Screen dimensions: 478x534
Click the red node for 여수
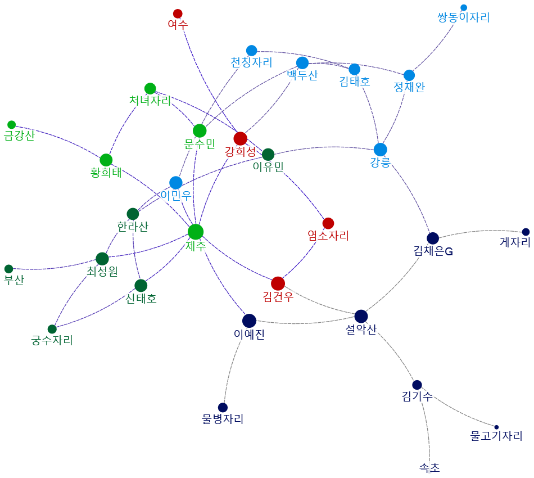(x=178, y=13)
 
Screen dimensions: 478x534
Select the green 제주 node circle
(x=196, y=232)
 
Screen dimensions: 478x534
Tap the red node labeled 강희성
(x=241, y=138)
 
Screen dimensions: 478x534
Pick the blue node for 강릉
(x=381, y=150)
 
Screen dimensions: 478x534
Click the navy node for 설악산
(x=361, y=317)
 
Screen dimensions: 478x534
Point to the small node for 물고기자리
(x=496, y=427)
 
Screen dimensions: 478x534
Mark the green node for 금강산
(x=11, y=125)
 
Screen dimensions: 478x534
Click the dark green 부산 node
(x=8, y=269)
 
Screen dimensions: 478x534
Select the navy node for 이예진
(x=249, y=321)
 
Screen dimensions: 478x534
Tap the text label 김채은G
(x=433, y=251)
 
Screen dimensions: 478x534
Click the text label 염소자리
(x=328, y=236)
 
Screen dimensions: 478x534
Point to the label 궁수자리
(x=52, y=340)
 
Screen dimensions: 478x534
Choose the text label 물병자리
(x=223, y=419)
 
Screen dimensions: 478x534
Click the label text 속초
(x=429, y=467)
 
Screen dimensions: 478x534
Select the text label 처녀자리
(x=150, y=101)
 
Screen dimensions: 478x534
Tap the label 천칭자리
(x=251, y=62)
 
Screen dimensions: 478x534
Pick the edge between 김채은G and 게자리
(x=481, y=231)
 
